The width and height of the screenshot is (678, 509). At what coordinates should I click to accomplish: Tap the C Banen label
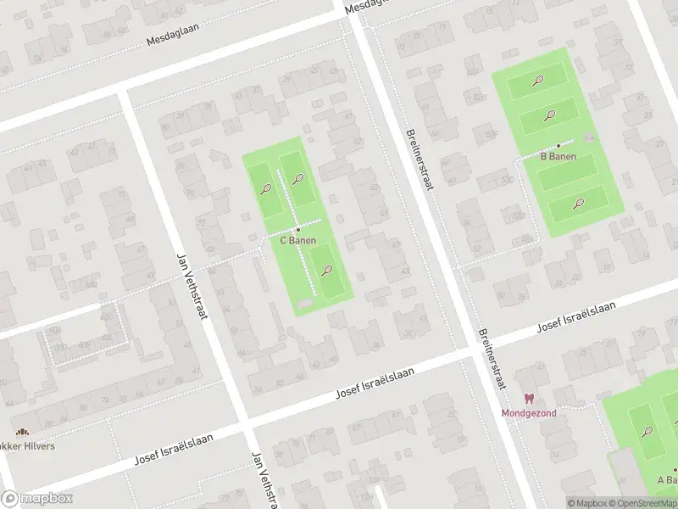(298, 241)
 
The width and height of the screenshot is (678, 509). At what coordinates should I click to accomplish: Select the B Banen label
(559, 156)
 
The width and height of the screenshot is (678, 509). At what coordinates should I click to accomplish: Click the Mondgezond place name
(529, 413)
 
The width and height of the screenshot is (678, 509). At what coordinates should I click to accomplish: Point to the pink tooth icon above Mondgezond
(529, 399)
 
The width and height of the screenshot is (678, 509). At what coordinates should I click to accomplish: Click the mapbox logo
(36, 499)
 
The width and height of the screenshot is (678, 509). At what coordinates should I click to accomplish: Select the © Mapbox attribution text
(586, 503)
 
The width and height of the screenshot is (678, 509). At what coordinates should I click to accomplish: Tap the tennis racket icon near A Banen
(647, 432)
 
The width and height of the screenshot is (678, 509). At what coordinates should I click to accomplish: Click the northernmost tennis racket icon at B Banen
(537, 81)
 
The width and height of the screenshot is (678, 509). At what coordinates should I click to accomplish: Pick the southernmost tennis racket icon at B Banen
(578, 203)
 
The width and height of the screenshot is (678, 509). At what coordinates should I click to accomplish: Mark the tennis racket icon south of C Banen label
(327, 271)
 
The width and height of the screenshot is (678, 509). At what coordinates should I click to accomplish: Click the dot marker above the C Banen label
(298, 230)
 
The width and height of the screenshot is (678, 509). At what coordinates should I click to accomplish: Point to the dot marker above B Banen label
(559, 146)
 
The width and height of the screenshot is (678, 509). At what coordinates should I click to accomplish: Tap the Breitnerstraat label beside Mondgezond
(492, 360)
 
